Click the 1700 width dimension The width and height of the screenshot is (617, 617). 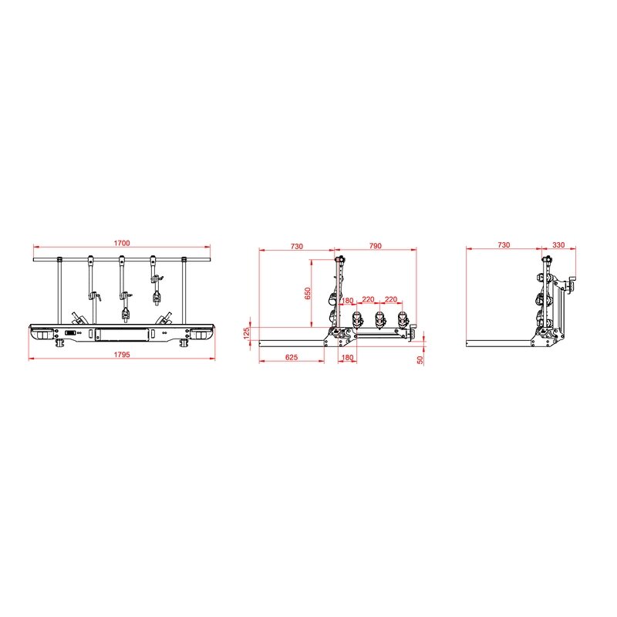coord(122,243)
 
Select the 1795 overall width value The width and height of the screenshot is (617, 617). coord(122,355)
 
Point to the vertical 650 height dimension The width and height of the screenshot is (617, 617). coord(308,293)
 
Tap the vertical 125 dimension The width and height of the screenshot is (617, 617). coord(247,333)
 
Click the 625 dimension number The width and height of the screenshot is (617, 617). coord(292,357)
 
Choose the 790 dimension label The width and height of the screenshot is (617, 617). coord(376,245)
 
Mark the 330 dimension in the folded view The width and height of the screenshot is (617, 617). coord(558,244)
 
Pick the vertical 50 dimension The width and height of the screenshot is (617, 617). coord(420,359)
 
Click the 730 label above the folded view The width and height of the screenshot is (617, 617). coord(504,244)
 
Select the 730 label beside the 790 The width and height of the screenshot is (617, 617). coord(297,246)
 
